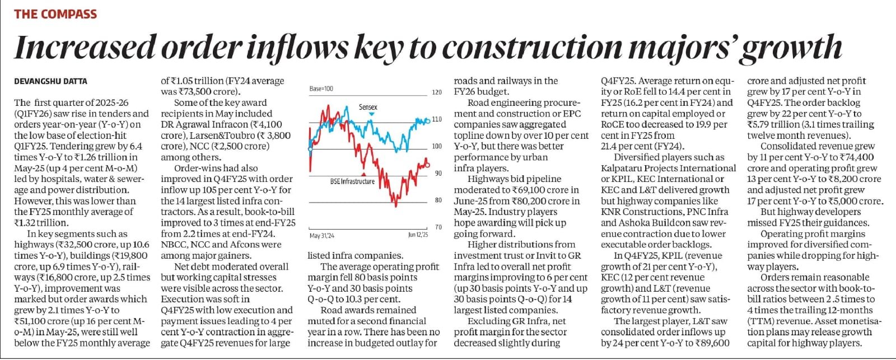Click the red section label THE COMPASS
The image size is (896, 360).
coord(55,14)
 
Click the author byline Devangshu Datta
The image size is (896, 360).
coord(50,82)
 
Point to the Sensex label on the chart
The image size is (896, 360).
coord(368,107)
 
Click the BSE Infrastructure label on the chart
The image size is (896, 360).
coord(352,181)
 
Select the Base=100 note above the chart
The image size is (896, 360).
coord(321,88)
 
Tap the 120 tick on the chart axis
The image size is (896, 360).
coord(437,92)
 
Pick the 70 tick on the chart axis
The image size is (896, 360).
coord(438,227)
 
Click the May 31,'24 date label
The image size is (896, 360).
coord(321,236)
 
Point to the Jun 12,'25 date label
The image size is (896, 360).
coord(418,235)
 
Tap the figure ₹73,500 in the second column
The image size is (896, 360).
coord(196,92)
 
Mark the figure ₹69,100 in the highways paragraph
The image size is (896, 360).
coord(524,190)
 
